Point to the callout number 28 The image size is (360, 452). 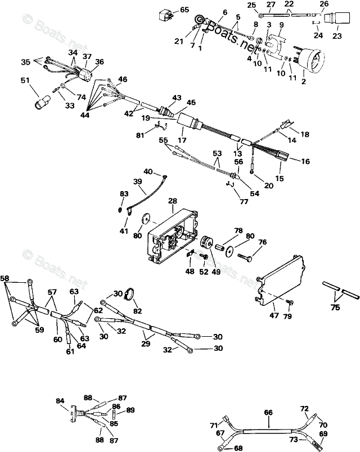(x=172, y=201)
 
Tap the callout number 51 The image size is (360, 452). (x=24, y=80)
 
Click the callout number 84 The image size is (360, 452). (x=60, y=401)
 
